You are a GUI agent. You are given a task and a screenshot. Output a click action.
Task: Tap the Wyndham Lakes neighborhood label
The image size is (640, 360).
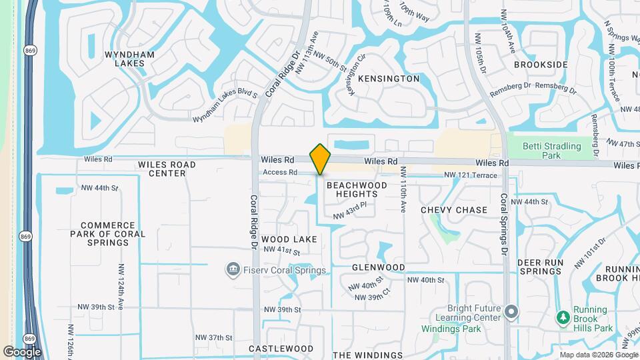point(130,59)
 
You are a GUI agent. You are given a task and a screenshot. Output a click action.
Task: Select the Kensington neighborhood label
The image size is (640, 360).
point(389,79)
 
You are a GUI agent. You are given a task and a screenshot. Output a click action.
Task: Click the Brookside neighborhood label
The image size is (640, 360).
point(541,65)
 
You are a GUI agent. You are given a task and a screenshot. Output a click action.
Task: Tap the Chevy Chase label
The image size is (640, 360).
point(454,210)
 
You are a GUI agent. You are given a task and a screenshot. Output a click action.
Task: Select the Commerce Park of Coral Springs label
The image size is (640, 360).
point(107,234)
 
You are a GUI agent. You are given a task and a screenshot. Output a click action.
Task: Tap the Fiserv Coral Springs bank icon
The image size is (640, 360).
point(233,269)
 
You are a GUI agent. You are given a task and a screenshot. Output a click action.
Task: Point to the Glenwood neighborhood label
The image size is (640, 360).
point(379,267)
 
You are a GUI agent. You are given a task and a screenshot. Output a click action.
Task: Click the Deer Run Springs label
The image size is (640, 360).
point(540,267)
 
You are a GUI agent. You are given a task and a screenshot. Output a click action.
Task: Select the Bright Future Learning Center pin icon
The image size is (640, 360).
point(511,311)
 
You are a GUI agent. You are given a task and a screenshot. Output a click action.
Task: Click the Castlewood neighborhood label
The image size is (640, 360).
point(281,349)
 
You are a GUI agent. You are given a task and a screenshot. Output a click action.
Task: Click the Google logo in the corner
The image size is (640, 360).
point(22,352)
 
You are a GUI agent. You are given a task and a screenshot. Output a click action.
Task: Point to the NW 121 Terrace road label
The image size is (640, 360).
point(470,175)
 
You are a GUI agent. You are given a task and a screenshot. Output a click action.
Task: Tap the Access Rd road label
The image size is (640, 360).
point(279,172)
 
